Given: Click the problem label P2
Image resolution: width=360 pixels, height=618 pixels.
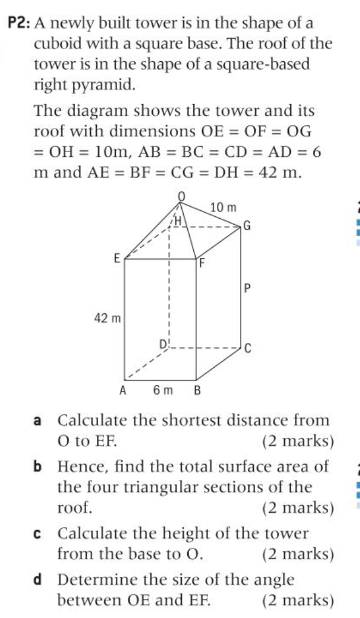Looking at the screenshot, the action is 19,24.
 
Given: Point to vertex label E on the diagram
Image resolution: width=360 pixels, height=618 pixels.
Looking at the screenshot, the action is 116,257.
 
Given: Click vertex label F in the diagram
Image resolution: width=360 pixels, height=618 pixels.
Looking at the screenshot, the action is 203,263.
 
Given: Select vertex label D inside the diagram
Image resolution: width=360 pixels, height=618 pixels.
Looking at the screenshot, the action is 162,345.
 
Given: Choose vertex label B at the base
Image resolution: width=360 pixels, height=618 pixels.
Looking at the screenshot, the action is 196,390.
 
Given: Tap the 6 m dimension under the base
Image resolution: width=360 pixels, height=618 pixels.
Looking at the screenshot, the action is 159,390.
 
